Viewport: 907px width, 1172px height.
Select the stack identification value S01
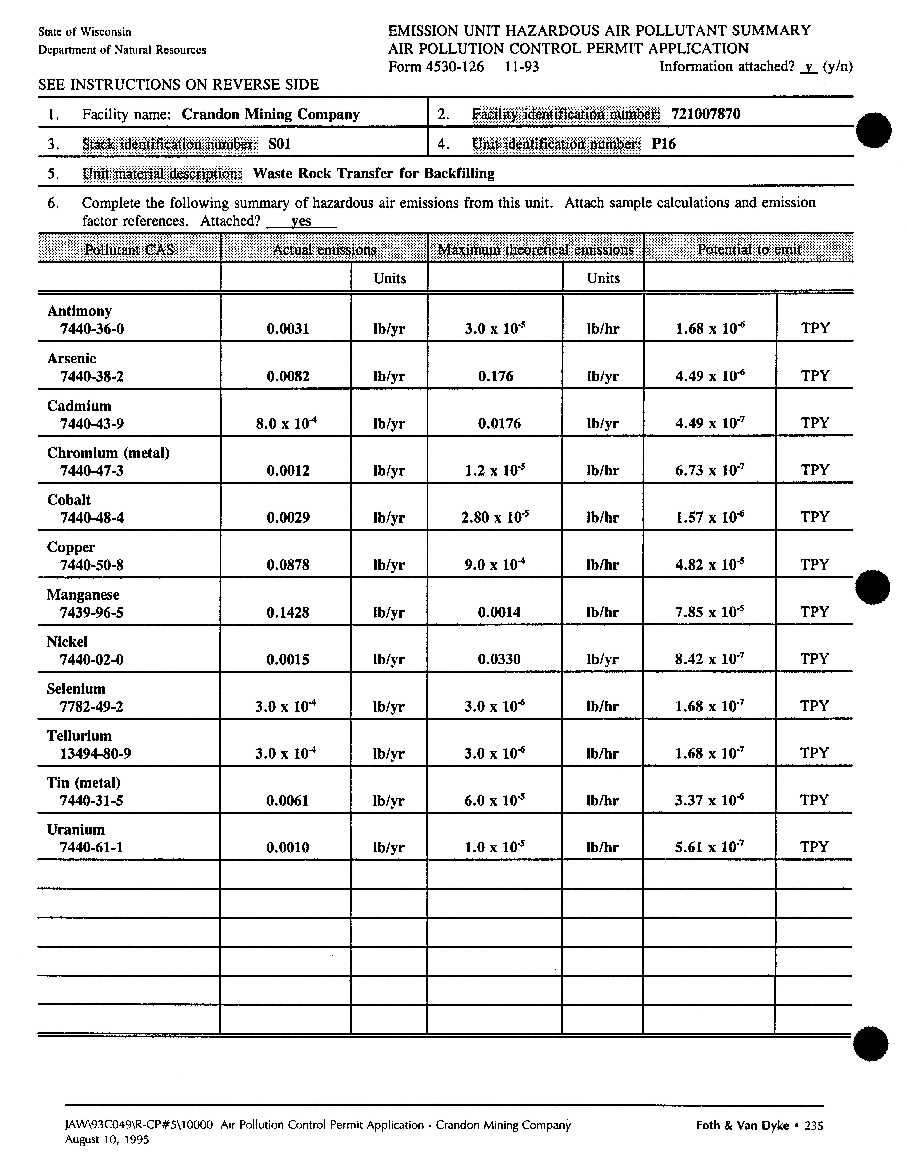click(279, 144)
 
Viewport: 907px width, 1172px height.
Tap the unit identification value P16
click(664, 144)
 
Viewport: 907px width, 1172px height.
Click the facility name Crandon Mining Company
click(270, 114)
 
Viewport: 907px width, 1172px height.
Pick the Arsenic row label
click(71, 358)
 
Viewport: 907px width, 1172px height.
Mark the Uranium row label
click(76, 830)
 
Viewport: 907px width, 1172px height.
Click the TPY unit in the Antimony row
click(815, 328)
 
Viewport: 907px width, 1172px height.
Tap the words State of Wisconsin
click(85, 32)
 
